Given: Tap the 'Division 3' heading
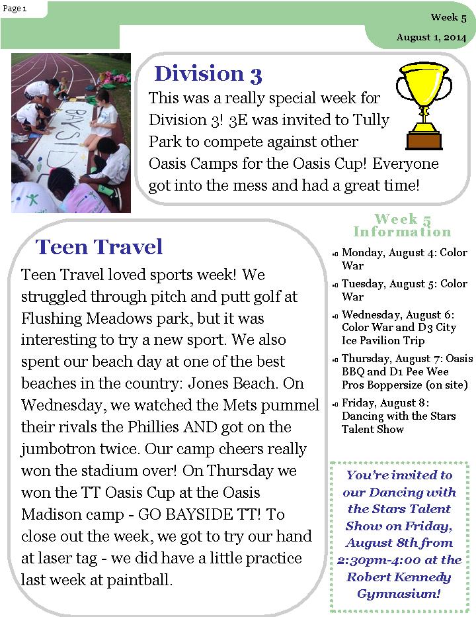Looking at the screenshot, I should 208,73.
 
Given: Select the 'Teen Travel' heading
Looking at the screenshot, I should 99,247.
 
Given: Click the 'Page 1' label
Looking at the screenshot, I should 15,8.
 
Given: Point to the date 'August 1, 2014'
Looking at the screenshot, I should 431,38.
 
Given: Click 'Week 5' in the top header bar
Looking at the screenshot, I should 448,18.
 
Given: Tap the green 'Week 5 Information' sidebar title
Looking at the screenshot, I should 402,225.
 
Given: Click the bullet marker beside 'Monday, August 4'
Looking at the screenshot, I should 335,254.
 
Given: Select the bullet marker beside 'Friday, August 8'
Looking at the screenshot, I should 335,403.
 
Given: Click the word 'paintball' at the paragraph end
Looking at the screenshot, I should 139,580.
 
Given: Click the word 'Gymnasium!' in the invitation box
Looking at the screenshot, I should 399,594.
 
